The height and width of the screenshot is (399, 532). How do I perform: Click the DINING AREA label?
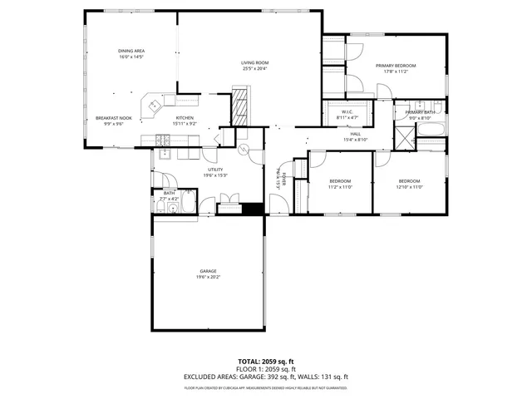tap(131, 52)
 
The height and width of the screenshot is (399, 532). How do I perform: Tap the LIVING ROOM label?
tap(254, 63)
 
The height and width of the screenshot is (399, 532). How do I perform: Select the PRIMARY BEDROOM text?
tap(395, 65)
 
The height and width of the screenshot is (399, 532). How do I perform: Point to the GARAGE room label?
tap(208, 272)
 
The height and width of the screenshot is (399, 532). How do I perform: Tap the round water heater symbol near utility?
tap(244, 150)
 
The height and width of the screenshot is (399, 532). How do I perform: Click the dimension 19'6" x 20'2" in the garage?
tap(208, 278)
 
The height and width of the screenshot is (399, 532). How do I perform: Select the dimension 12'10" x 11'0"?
tap(410, 187)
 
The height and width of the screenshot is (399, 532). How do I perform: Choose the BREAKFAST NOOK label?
tap(113, 118)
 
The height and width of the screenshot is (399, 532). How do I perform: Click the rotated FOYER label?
tap(283, 181)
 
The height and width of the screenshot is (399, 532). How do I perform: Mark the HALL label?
tap(355, 134)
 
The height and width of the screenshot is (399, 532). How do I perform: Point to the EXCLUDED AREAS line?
tap(266, 377)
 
